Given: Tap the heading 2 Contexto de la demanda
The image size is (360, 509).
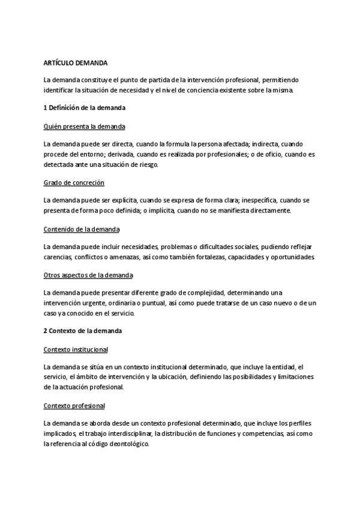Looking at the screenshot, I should tap(82, 331).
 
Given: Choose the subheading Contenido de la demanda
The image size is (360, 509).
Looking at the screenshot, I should tap(82, 229).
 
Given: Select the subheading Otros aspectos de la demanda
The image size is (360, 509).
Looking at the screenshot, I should tap(88, 275).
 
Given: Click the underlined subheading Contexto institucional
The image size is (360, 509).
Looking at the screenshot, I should tap(76, 349).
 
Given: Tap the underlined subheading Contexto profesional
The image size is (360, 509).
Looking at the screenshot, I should tap(74, 405).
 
